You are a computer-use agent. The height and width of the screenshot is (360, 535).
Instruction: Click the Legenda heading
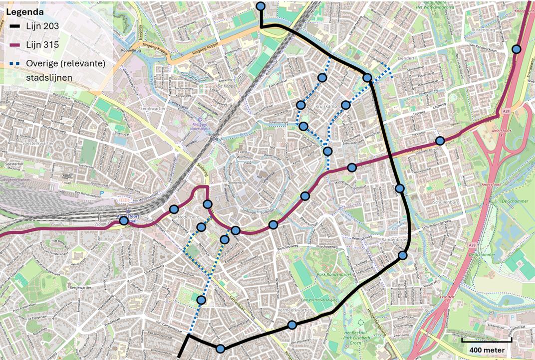(x=24, y=11)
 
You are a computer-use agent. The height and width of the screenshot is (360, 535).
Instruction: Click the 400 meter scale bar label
(x=487, y=350)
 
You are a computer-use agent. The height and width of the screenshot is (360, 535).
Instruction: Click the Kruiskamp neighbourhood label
(x=327, y=107)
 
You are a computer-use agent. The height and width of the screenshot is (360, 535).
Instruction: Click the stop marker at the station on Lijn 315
(x=123, y=220)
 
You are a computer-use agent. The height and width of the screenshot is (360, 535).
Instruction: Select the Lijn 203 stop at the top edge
(x=261, y=6)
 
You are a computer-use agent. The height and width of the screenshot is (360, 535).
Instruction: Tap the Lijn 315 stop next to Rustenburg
(x=516, y=49)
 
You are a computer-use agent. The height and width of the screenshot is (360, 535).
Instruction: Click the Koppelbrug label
(x=131, y=50)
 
